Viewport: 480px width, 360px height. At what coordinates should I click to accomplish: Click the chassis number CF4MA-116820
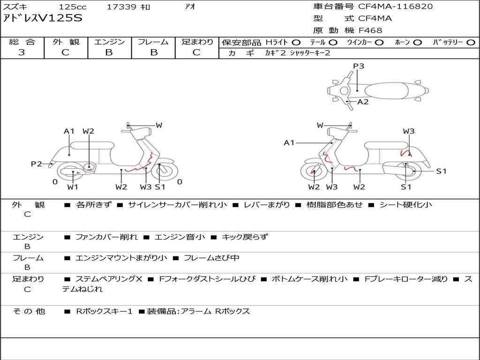(396, 7)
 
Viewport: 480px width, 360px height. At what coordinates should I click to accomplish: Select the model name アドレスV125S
(43, 18)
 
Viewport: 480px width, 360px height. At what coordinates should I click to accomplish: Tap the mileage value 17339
(121, 7)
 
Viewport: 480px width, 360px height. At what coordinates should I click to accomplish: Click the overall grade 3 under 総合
(22, 52)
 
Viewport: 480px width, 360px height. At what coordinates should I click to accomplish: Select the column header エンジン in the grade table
(109, 42)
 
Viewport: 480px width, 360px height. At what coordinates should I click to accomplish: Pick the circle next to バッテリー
(471, 43)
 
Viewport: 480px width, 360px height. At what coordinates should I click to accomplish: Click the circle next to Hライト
(296, 43)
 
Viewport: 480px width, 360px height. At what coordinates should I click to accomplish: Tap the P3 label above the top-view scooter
(359, 66)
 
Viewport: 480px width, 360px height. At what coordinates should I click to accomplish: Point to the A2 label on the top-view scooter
(363, 102)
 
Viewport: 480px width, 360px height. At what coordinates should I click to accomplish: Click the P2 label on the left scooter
(37, 164)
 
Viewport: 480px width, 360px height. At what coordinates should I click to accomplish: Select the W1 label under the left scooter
(73, 187)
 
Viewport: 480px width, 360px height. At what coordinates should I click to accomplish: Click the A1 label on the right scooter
(289, 142)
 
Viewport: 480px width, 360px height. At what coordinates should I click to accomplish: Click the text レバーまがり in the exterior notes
(267, 204)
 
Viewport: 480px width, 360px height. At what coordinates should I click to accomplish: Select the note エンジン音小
(180, 237)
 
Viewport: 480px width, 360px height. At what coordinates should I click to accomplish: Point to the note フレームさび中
(211, 258)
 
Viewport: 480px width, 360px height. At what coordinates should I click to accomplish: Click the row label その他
(29, 311)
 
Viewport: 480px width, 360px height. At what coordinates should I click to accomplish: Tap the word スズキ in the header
(15, 7)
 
